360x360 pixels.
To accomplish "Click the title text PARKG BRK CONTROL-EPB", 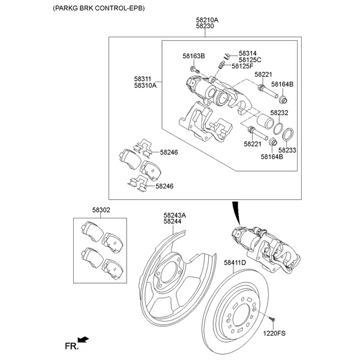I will [99, 9].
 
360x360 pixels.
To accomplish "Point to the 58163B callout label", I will [194, 56].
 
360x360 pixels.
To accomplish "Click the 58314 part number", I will [247, 53].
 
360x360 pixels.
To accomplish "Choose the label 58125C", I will [250, 60].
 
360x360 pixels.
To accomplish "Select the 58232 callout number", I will [279, 113].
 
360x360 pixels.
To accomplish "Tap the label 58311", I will [143, 79].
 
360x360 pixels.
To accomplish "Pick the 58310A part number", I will [145, 85].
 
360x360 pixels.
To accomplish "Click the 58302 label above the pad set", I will [101, 210].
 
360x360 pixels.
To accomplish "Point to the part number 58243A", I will [175, 215].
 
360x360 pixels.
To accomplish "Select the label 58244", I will [172, 221].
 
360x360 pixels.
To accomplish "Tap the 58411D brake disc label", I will [235, 263].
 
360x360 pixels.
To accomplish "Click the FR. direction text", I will [71, 346].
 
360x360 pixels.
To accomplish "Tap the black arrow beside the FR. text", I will [84, 340].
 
